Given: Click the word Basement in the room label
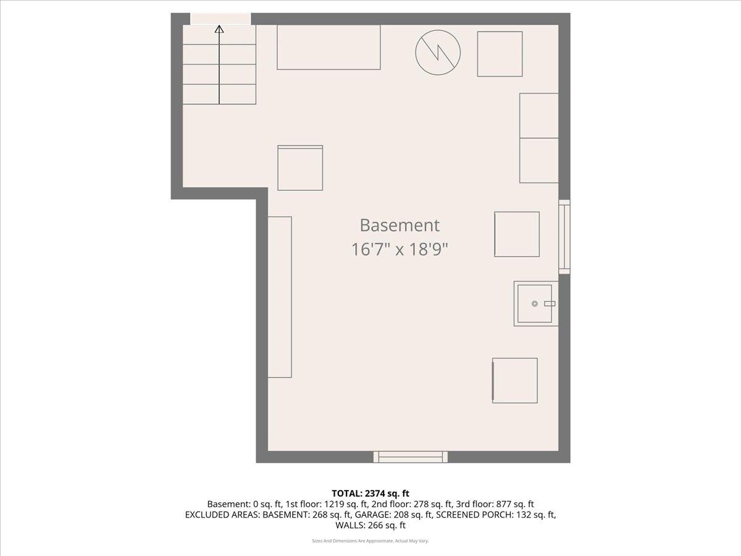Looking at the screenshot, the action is (400, 225).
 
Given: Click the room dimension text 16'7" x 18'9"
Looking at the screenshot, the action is (400, 250).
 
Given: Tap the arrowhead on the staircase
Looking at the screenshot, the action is (219, 30).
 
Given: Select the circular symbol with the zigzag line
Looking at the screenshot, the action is (438, 53).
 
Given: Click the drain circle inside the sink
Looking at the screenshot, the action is (534, 303).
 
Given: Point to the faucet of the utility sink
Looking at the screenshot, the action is (550, 304).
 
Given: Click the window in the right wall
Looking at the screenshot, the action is (564, 237).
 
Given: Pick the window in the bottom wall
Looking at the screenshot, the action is (411, 457).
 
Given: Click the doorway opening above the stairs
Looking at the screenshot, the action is (220, 19).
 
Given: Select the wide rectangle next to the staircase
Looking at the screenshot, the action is (329, 48).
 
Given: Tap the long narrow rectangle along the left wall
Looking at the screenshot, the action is (280, 297).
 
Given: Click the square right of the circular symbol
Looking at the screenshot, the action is (500, 54).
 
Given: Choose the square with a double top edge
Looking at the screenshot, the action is (300, 168).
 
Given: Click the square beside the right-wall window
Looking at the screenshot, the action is (517, 234).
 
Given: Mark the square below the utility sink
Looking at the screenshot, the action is (515, 381).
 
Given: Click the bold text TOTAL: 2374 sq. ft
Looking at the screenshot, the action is (371, 494).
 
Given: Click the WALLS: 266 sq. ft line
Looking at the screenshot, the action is (371, 525).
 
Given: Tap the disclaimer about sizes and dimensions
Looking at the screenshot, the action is (371, 541).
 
